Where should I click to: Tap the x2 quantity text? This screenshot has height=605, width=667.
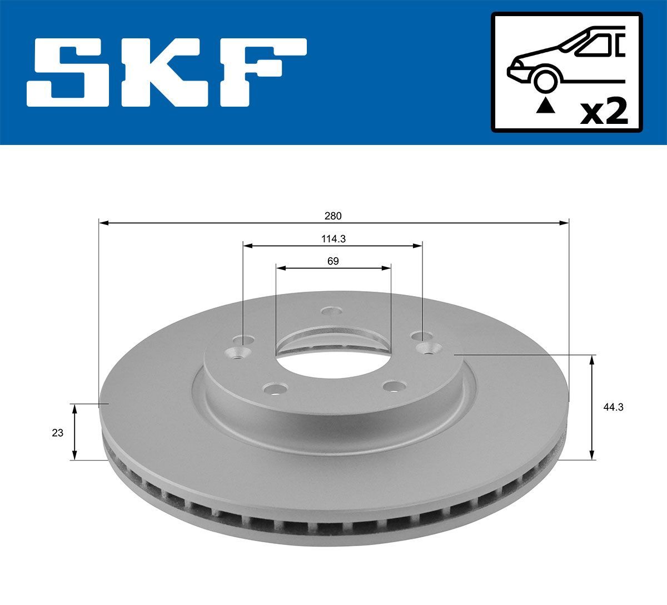[604, 112]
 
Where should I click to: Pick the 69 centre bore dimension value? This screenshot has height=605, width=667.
[333, 261]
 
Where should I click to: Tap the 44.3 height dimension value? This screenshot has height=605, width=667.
[613, 407]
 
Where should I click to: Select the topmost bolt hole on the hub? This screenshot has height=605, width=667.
[331, 312]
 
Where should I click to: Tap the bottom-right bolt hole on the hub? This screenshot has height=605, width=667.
[394, 387]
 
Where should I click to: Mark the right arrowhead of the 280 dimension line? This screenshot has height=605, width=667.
[565, 223]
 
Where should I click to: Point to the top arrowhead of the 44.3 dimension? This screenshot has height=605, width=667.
[593, 359]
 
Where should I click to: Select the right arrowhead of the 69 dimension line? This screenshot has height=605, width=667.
[387, 268]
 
